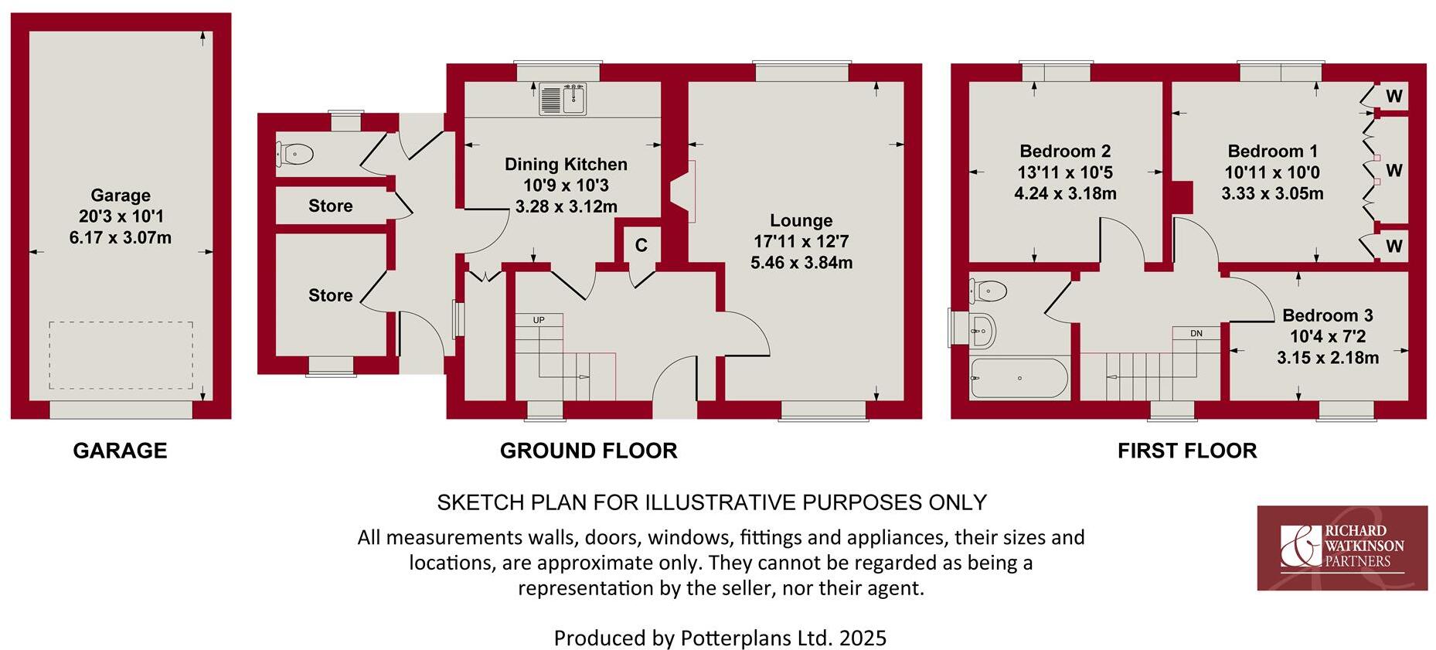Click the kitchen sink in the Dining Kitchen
(x=563, y=99)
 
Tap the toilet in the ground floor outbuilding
(x=295, y=154)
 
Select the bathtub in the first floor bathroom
(x=1019, y=377)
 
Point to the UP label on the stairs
(x=539, y=319)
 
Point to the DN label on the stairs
(x=1196, y=333)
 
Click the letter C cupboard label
(x=641, y=246)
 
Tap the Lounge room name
(x=801, y=220)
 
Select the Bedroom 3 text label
(x=1327, y=315)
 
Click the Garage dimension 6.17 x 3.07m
(x=120, y=238)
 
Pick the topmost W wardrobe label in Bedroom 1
(x=1393, y=97)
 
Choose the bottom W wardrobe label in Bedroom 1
(x=1393, y=247)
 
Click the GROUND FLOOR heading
(x=588, y=451)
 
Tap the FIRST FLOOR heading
(x=1186, y=451)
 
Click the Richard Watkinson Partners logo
(x=1342, y=547)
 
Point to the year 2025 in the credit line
(x=863, y=638)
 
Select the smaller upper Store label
(x=330, y=206)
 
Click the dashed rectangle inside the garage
(x=121, y=356)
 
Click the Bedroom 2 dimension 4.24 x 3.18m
(x=1064, y=194)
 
